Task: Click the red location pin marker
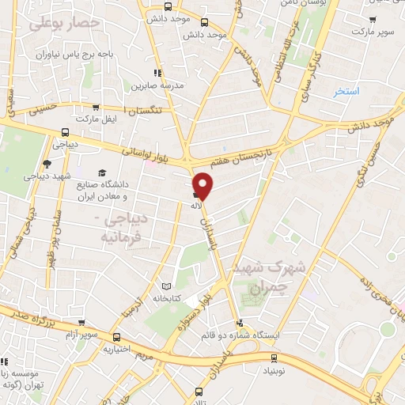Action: pyautogui.click(x=204, y=185)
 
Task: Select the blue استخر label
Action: pyautogui.click(x=346, y=92)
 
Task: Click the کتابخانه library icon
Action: pyautogui.click(x=165, y=286)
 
